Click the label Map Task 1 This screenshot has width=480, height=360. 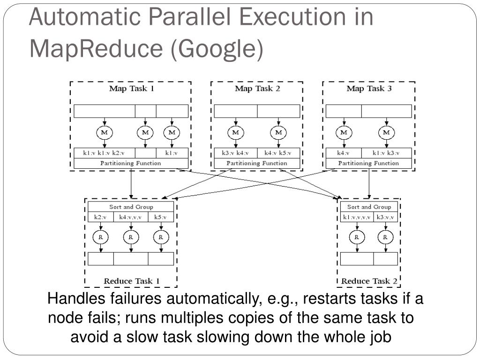[x=131, y=89]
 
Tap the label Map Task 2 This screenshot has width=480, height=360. [x=257, y=89]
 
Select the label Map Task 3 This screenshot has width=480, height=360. [x=369, y=89]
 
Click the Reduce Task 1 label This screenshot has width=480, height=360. [x=132, y=281]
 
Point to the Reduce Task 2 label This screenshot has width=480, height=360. [x=369, y=281]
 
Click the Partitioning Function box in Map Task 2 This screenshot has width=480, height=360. [x=257, y=164]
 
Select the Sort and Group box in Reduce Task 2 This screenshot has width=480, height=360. [x=369, y=207]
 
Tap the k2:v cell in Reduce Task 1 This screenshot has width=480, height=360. [x=100, y=217]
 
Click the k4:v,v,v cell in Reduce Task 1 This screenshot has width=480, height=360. [x=130, y=217]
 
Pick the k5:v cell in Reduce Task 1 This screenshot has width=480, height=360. [x=161, y=217]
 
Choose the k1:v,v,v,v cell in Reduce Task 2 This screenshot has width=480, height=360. [x=357, y=217]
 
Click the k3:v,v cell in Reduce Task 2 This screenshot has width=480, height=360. [x=385, y=217]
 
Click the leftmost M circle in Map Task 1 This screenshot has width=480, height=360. [x=105, y=133]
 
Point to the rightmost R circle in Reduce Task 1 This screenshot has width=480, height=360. [x=161, y=237]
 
